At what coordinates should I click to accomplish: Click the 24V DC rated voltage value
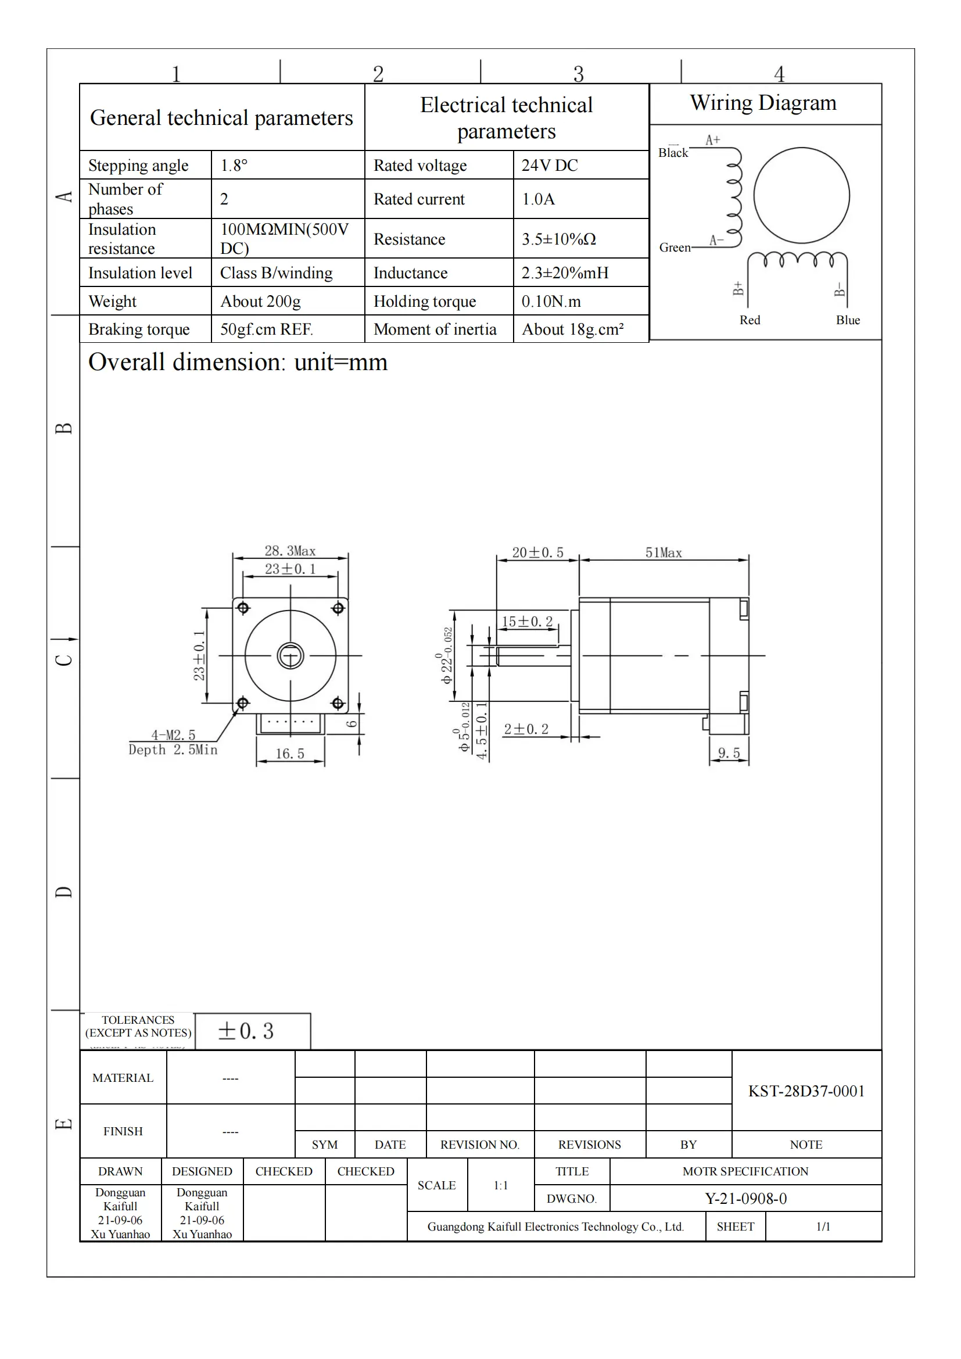point(549,165)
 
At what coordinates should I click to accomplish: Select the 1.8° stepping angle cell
point(234,165)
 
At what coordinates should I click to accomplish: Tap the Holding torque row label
point(424,302)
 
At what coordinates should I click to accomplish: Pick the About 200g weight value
point(260,302)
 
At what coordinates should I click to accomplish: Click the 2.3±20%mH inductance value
point(565,273)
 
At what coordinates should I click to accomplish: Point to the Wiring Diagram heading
point(763,103)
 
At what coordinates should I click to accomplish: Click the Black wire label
point(673,153)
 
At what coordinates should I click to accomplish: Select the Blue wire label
point(847,320)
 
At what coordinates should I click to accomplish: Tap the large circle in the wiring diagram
point(801,195)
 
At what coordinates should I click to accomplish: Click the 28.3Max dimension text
point(290,551)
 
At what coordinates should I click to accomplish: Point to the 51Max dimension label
point(664,553)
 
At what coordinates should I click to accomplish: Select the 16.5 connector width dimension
point(290,754)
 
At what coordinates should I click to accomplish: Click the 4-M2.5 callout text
point(173,735)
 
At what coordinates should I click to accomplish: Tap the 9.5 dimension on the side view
point(729,753)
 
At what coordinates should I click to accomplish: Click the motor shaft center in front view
point(291,656)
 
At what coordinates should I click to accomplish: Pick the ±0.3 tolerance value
point(246,1031)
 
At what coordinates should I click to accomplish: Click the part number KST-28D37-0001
point(806,1091)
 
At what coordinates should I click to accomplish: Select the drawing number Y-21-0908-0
point(745,1199)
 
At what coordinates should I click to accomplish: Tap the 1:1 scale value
point(501,1186)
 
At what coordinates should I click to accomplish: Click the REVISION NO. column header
point(479,1145)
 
